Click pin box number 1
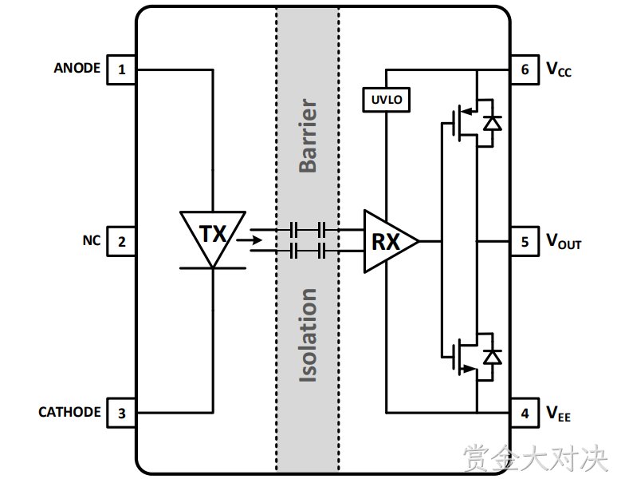coord(122,69)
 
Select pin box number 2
coord(122,241)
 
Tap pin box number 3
coord(122,413)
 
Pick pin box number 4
coord(525,413)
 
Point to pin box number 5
coord(525,241)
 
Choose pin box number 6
coord(525,69)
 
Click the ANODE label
coord(77,68)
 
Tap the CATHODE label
coord(69,412)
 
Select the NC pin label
coord(92,240)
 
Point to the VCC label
coord(559,69)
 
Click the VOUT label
coord(564,241)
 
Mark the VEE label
coord(559,414)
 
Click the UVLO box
coord(386,100)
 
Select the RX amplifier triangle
coord(391,241)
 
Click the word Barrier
coord(308,136)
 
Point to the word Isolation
coord(308,335)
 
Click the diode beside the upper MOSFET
coord(493,123)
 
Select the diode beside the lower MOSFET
coord(493,357)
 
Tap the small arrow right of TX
coord(249,240)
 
